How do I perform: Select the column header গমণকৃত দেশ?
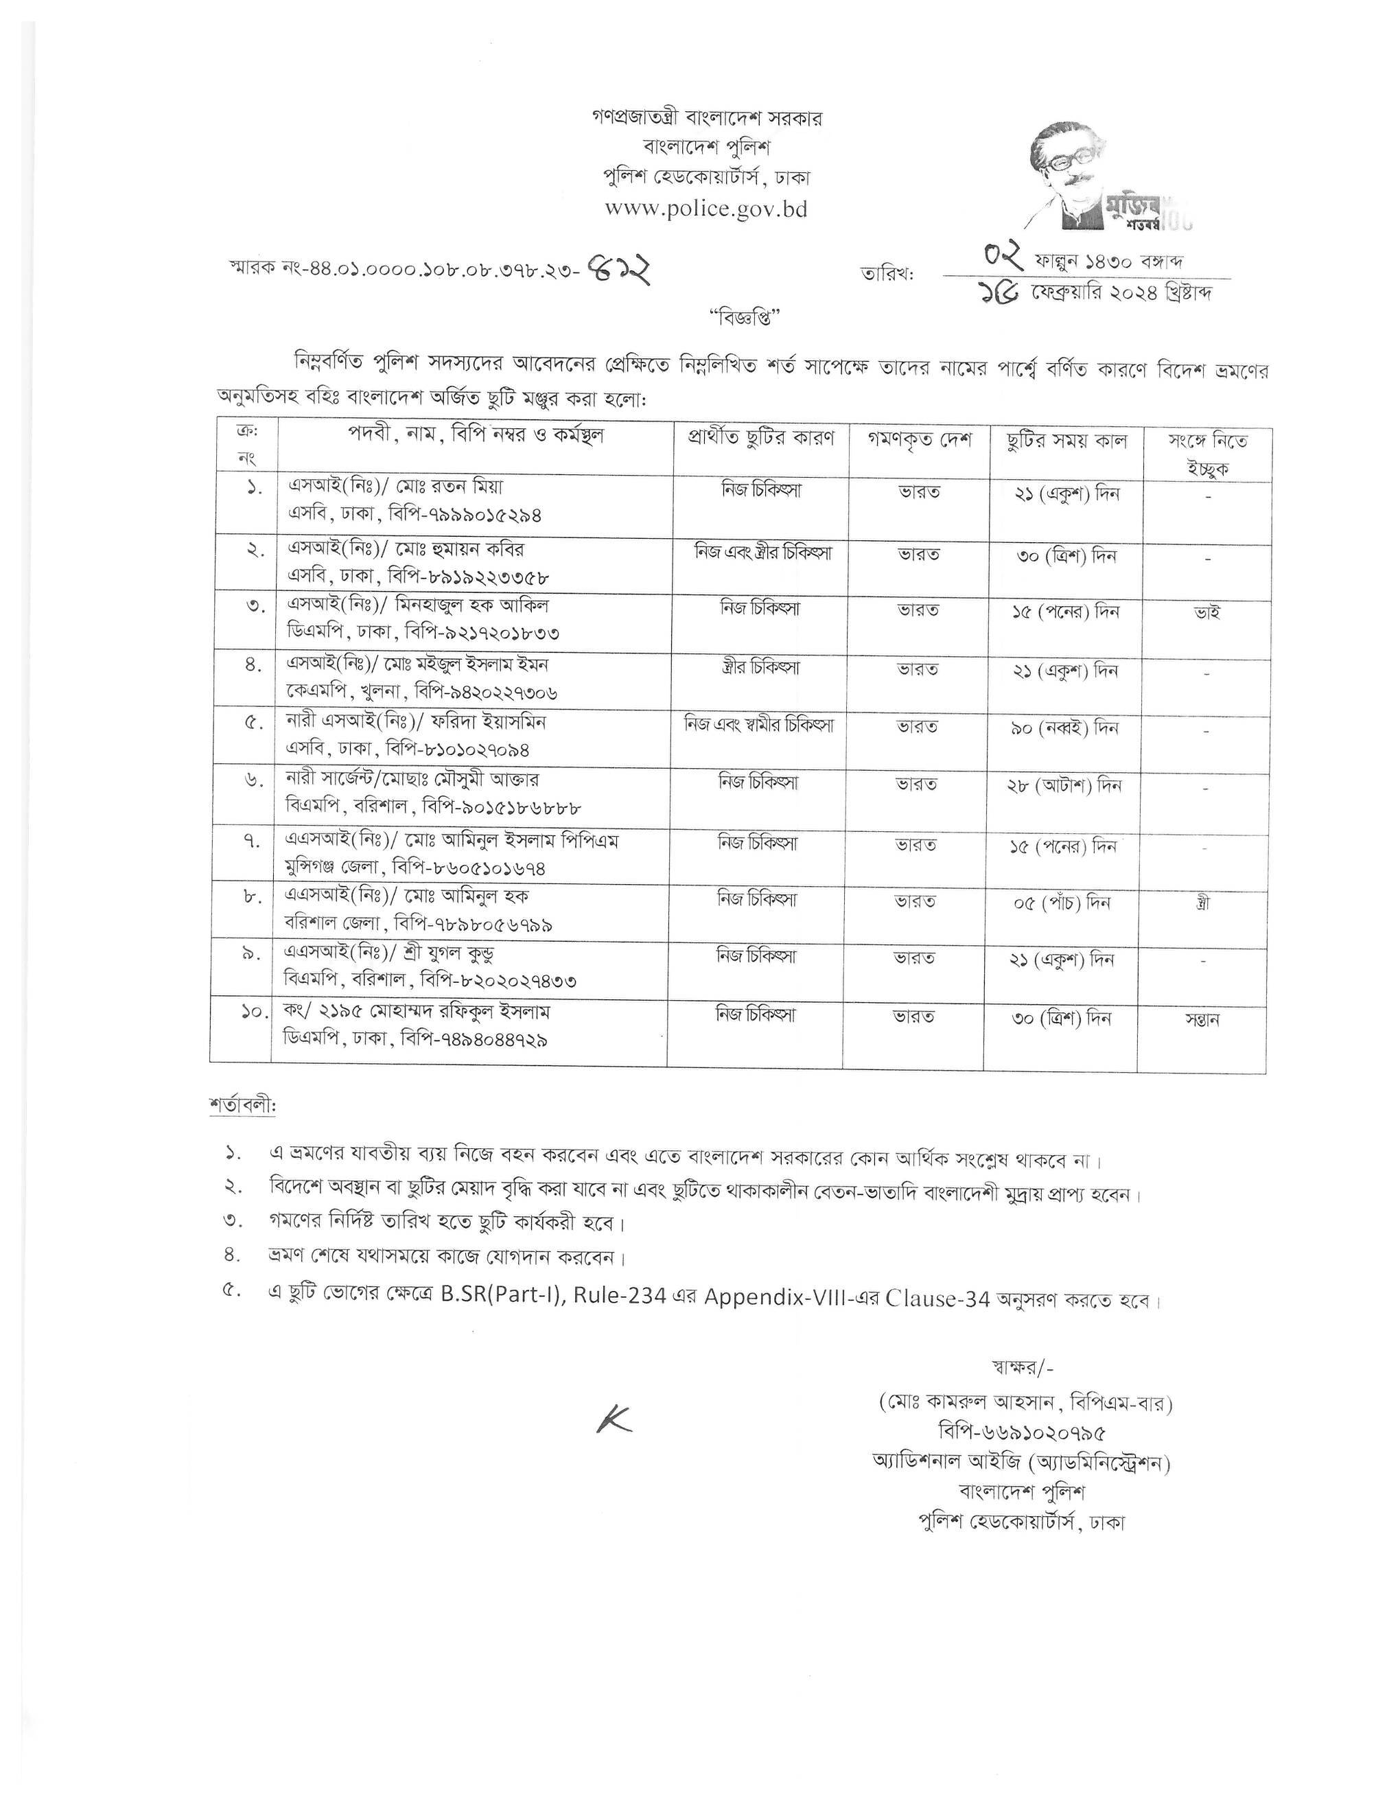click(x=919, y=440)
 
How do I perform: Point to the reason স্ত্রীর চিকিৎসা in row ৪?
click(x=760, y=667)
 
